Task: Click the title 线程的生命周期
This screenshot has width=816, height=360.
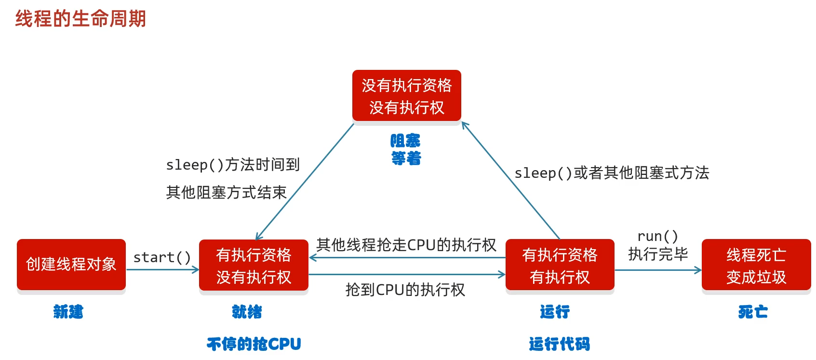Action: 80,19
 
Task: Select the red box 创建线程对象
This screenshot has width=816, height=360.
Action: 71,265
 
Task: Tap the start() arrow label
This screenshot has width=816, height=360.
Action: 162,257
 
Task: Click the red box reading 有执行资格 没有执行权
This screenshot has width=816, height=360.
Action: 254,266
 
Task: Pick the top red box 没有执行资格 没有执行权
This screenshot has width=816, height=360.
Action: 407,96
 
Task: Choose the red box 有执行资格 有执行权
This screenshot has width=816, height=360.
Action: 560,266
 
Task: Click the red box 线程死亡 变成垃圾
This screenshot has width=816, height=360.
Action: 756,266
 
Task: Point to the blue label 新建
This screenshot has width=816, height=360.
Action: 68,312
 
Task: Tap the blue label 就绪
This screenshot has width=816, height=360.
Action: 247,312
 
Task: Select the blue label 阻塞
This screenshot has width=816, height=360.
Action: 405,141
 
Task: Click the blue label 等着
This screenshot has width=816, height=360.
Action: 406,158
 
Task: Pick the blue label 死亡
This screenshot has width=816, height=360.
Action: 753,312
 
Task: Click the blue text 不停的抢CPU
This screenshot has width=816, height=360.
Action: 254,344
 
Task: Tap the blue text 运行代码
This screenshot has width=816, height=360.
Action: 559,344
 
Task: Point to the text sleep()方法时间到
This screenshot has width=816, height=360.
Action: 233,165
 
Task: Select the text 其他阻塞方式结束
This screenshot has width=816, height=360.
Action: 226,192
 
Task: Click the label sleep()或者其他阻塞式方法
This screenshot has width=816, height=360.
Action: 612,173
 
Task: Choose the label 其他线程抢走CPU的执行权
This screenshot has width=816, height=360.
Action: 406,245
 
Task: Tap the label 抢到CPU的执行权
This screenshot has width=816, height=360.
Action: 405,290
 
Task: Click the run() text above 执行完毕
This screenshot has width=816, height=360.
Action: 657,236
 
